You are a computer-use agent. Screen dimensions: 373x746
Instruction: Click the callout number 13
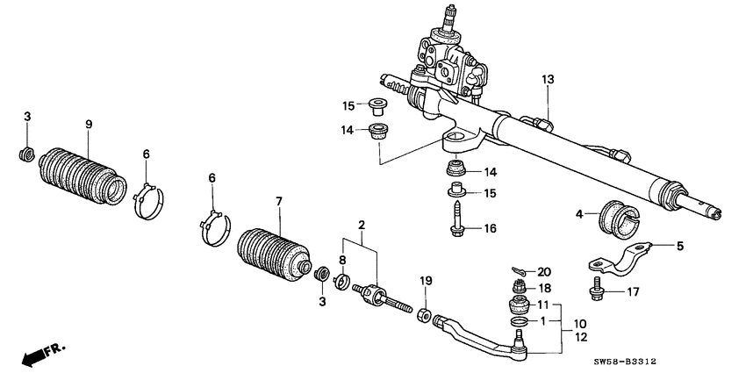coord(548,80)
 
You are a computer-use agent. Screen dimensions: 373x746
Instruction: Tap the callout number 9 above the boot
coord(89,124)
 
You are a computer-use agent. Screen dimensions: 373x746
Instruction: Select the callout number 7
coord(279,201)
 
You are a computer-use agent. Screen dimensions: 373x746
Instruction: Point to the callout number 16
coord(490,229)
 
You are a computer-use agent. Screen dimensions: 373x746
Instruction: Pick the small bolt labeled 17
coord(597,290)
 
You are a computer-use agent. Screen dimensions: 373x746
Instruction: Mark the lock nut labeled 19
coord(422,314)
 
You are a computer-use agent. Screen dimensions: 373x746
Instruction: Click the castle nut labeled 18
coord(519,288)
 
